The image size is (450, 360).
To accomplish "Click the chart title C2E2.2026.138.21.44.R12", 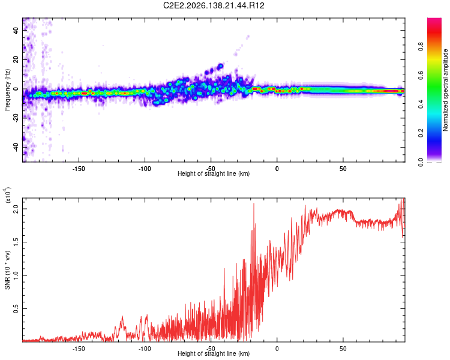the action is click(214, 5).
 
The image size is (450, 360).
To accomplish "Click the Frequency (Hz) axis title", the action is click(7, 90).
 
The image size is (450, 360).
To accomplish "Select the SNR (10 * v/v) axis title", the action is click(7, 270).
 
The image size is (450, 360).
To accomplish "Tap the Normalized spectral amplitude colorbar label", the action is click(445, 90).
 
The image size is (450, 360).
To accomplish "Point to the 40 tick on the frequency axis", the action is click(16, 30).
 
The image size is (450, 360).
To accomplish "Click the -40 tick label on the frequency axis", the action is click(16, 148).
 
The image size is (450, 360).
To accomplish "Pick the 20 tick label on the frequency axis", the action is click(16, 59).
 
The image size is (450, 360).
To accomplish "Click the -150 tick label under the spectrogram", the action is click(79, 169).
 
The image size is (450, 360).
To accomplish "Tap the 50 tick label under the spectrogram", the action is click(343, 169).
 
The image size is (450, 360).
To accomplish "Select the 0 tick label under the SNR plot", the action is click(277, 349).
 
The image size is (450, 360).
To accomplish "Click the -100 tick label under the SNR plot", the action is click(145, 349).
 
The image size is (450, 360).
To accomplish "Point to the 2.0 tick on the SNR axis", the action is click(16, 209).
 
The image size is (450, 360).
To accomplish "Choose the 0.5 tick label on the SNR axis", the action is click(16, 308).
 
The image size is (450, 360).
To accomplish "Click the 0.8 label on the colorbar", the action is click(421, 46).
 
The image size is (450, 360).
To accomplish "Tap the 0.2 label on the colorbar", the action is click(421, 133).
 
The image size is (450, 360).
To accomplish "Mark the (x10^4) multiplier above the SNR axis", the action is click(7, 196).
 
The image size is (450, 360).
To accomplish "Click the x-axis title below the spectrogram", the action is click(214, 173).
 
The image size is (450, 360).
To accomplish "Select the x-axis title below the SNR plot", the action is click(214, 353).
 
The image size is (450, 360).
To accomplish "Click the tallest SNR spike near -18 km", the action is click(254, 203).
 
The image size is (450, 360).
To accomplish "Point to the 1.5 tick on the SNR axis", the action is click(16, 242).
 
